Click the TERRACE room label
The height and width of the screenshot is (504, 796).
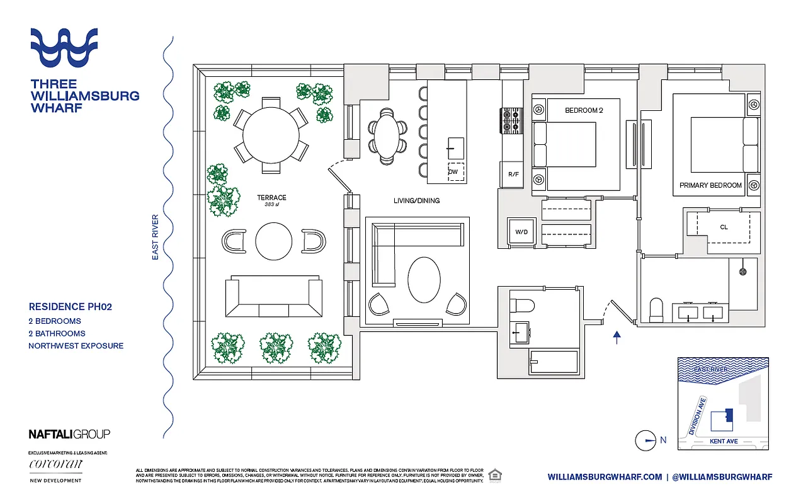(271, 198)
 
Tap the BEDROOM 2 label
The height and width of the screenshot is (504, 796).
(584, 110)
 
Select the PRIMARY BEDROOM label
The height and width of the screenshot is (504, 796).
(710, 185)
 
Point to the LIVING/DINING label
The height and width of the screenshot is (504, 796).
(416, 201)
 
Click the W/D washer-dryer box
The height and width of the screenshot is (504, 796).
(521, 232)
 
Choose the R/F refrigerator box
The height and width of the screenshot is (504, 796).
(513, 175)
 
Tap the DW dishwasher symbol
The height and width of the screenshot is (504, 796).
(453, 172)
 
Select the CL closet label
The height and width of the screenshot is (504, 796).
(724, 227)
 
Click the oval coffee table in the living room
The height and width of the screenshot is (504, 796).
(424, 280)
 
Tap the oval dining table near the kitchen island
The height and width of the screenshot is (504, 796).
(387, 135)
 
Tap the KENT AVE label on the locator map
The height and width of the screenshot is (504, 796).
(723, 442)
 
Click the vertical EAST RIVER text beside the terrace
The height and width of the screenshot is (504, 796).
(155, 238)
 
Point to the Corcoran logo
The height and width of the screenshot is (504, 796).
(55, 465)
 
